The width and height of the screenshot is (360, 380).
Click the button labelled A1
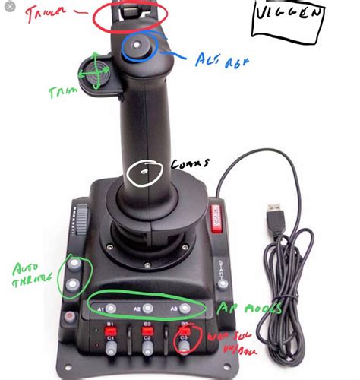(x=111, y=309)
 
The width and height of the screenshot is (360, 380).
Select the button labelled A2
(x=148, y=309)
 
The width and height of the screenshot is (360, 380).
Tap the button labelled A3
(x=185, y=309)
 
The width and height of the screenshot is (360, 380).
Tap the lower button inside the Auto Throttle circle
(x=73, y=285)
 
